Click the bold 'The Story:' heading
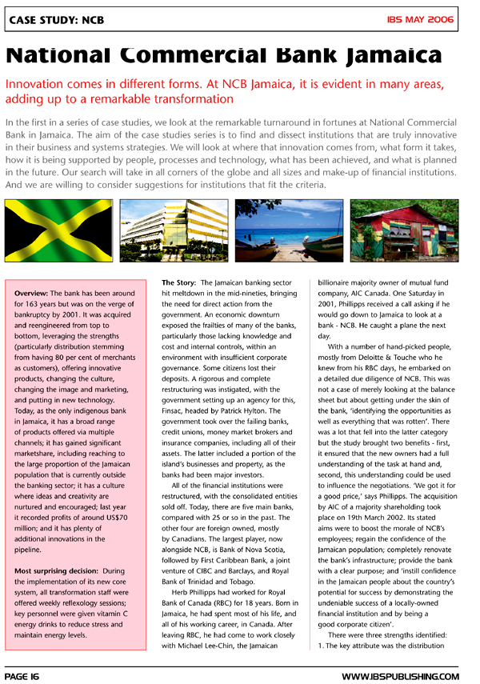point(178,283)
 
